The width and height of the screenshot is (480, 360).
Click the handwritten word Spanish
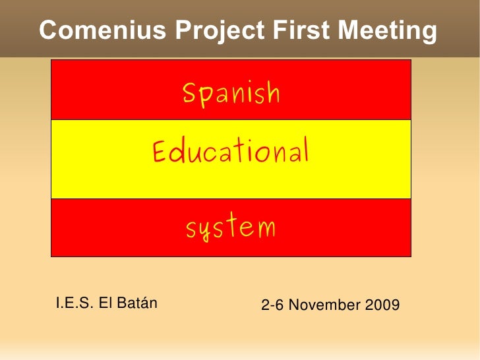231,95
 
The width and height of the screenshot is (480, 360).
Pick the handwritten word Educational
231,152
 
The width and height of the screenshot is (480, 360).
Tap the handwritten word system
230,229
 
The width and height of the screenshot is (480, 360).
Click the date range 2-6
273,305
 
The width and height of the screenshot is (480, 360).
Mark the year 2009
382,305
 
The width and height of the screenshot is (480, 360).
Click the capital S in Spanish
189,94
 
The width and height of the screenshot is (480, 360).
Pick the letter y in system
206,231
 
